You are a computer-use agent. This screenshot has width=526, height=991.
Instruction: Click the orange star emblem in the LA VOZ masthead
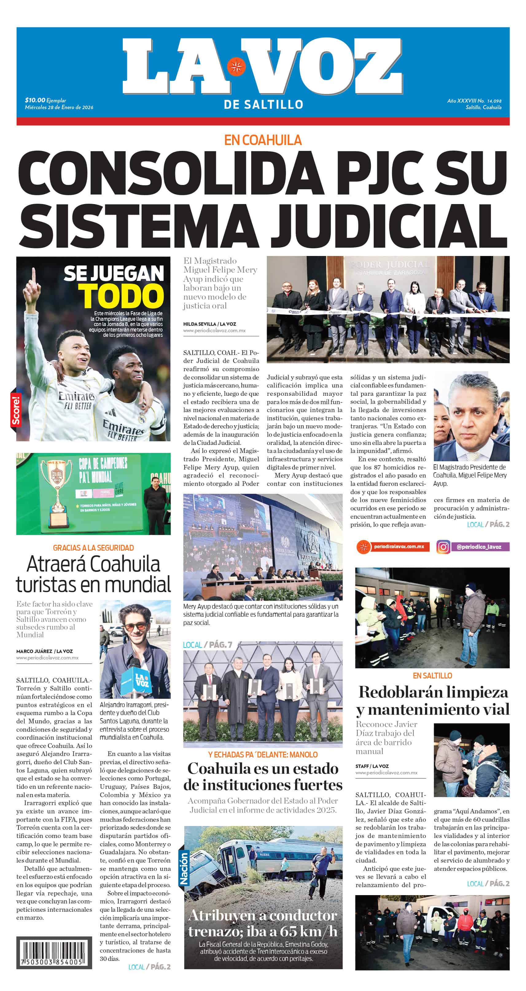pos(236,66)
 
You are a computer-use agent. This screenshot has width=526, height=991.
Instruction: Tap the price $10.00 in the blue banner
pos(35,100)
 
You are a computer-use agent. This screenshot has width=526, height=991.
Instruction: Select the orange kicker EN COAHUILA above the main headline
pos(263,140)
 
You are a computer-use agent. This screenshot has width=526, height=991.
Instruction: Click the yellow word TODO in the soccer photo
pos(121,296)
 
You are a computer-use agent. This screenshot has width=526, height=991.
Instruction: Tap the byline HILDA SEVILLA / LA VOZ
pos(209,324)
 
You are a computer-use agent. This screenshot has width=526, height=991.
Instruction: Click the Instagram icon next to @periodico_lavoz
pos(443,547)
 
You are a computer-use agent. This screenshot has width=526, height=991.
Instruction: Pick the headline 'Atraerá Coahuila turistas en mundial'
pos(93,574)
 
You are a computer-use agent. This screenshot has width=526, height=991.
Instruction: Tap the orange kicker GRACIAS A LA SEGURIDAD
pos(93,548)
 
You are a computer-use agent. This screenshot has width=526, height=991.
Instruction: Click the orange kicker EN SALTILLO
pos(432,675)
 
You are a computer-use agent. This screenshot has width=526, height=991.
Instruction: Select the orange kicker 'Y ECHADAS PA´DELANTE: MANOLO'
pos(263,754)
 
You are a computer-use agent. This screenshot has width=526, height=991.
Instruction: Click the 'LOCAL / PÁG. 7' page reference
pos(208,645)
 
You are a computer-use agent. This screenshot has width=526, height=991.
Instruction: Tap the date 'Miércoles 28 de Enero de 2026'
pos(59,107)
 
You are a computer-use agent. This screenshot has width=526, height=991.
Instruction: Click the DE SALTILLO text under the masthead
pos(263,104)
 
